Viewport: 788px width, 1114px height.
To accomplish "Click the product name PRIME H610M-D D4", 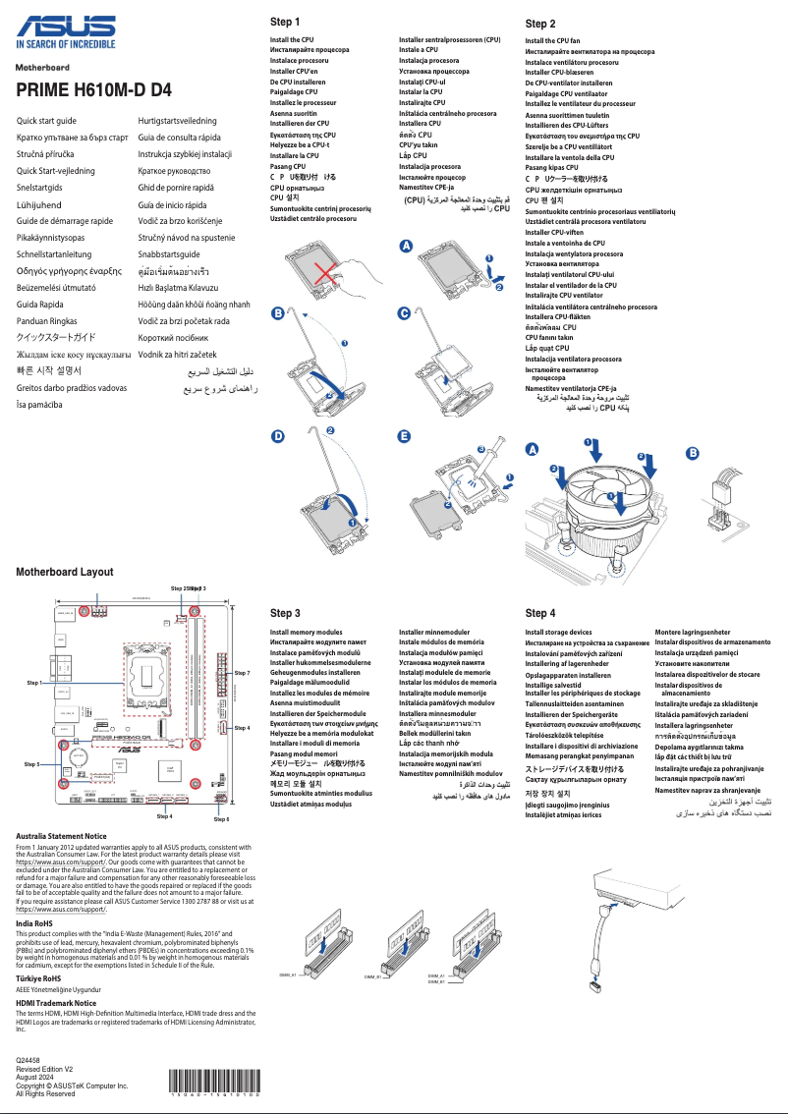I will (94, 89).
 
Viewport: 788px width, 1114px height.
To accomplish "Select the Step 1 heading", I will (285, 22).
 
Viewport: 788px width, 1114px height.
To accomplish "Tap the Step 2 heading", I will (540, 24).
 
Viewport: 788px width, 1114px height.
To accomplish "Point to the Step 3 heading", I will (285, 613).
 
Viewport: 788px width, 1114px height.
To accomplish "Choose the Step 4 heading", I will (540, 613).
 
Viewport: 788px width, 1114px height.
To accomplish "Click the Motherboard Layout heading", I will (65, 572).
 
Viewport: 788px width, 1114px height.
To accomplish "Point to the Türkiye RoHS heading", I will (39, 978).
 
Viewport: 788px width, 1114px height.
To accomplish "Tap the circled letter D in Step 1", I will (278, 435).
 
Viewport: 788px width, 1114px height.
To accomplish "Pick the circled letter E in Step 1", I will (404, 435).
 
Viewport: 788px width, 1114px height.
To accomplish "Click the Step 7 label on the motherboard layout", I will (243, 673).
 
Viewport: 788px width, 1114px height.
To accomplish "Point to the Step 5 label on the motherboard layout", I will (31, 763).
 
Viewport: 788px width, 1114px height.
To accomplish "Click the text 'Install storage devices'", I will (558, 633).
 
